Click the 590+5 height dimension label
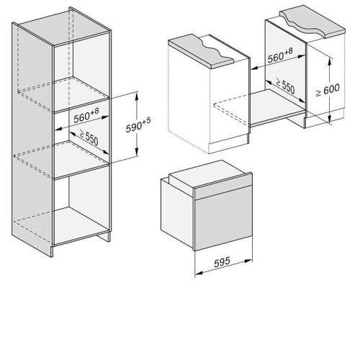[x=138, y=125]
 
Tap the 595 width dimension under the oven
[x=222, y=262]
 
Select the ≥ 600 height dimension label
[x=328, y=90]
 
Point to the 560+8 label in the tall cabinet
[x=86, y=115]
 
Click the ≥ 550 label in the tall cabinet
[x=89, y=137]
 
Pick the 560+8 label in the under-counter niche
[x=280, y=55]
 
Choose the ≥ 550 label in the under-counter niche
[x=285, y=86]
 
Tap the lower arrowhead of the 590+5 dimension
[x=137, y=152]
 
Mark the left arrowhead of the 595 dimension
[x=199, y=273]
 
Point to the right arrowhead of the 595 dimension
[x=248, y=261]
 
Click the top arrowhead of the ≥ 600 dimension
[x=330, y=61]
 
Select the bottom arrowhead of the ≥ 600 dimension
[x=330, y=119]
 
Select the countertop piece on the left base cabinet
[x=201, y=50]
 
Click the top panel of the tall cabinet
[x=65, y=27]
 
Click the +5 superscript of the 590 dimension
[x=146, y=121]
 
